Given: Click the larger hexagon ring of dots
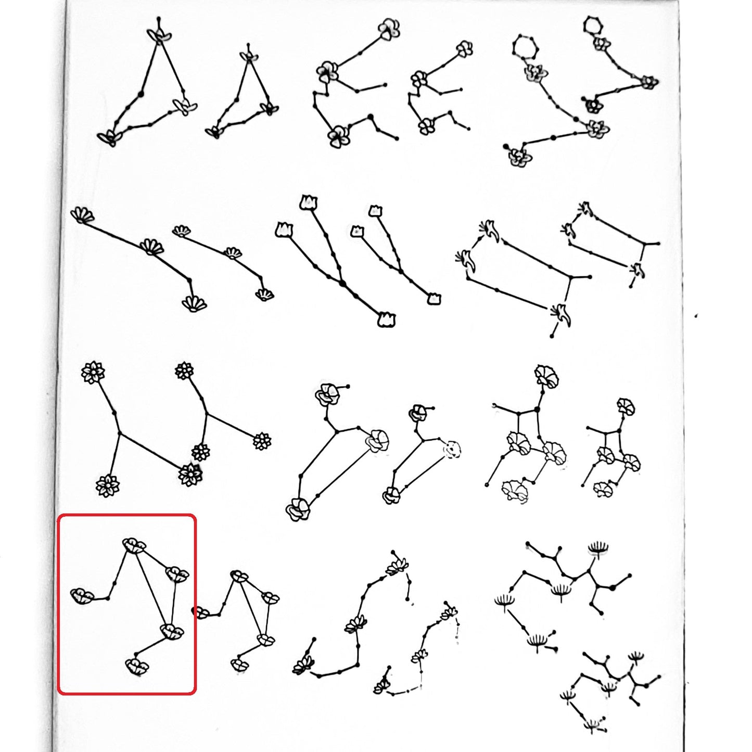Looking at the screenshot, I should point(525,47).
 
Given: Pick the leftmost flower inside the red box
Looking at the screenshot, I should point(82,596).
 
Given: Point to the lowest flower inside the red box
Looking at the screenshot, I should point(136,666).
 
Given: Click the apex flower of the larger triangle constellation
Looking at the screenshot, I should point(159,35).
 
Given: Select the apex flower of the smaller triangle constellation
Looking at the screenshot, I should point(249,56).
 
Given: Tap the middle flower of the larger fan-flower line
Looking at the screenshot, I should point(151,246).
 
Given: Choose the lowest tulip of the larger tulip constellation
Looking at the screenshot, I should point(386,320).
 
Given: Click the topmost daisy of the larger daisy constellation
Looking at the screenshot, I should point(93,372).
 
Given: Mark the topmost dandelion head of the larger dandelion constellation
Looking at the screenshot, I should point(598,548).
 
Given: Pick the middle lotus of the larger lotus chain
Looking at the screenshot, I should point(356,623).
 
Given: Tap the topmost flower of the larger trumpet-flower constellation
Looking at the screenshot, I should point(546,377).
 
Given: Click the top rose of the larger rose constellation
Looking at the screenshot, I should point(327,394).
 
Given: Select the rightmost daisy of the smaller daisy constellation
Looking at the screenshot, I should point(262,442).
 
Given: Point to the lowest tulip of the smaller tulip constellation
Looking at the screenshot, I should point(434,298).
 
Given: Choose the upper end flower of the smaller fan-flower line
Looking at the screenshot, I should point(181,231).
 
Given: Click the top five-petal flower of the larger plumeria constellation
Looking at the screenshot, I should point(389,29).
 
